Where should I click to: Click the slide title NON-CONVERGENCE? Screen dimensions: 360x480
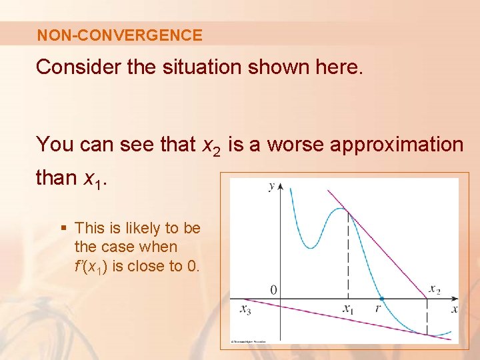[119, 35]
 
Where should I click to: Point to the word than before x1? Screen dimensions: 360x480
[57, 178]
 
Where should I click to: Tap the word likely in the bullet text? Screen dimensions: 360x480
[139, 228]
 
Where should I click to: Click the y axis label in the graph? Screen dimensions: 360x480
[271, 186]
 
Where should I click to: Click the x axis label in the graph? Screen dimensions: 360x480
[454, 309]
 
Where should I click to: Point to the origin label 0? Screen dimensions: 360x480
[273, 290]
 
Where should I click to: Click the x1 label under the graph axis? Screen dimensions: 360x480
[348, 309]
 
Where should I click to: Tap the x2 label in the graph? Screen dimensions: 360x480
[434, 289]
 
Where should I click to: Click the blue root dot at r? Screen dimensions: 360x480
[381, 299]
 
